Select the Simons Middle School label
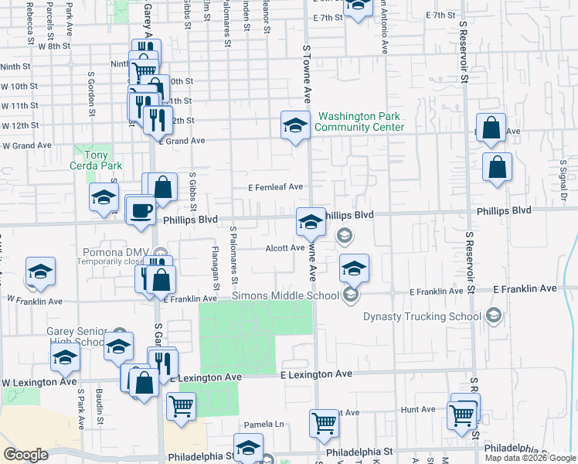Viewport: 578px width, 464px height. pyautogui.click(x=286, y=295)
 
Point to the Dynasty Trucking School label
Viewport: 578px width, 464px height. pyautogui.click(x=426, y=316)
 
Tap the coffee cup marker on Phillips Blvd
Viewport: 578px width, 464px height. pyautogui.click(x=141, y=210)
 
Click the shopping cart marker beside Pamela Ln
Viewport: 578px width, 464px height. pyautogui.click(x=324, y=423)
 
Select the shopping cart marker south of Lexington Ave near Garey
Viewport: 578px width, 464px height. pyautogui.click(x=181, y=405)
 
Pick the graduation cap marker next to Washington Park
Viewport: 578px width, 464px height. pyautogui.click(x=294, y=125)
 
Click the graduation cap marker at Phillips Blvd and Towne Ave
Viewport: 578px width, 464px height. pyautogui.click(x=311, y=222)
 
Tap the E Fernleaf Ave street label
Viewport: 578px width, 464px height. pyautogui.click(x=275, y=186)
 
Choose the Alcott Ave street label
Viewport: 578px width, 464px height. pyautogui.click(x=285, y=247)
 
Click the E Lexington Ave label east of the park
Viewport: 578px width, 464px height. pyautogui.click(x=316, y=374)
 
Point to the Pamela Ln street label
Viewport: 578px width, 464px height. pyautogui.click(x=264, y=425)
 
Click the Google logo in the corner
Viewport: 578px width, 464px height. pyautogui.click(x=25, y=455)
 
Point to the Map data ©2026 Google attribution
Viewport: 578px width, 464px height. pyautogui.click(x=530, y=458)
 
